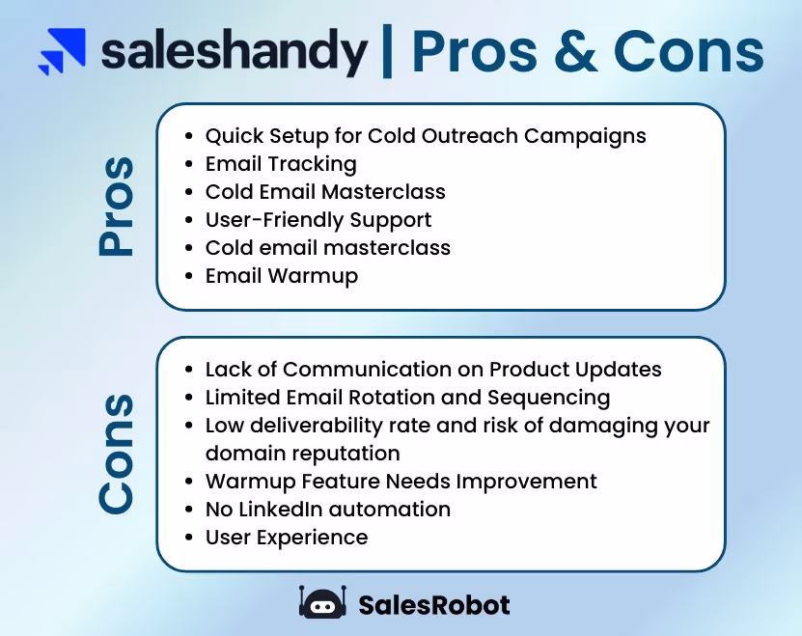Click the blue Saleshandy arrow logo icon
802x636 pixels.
click(x=62, y=52)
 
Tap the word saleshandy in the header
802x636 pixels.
click(x=235, y=51)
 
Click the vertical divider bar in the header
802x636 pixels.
click(x=387, y=51)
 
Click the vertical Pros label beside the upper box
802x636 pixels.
click(x=117, y=208)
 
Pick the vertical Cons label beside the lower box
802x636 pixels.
click(x=117, y=454)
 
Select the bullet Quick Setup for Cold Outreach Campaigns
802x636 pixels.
click(x=426, y=135)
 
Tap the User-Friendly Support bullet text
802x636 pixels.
click(x=318, y=220)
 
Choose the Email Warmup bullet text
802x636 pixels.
click(x=282, y=276)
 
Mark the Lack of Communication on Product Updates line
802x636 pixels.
click(x=433, y=370)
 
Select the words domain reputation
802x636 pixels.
click(x=302, y=453)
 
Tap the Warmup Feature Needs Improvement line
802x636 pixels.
click(x=401, y=481)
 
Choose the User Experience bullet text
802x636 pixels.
click(x=287, y=537)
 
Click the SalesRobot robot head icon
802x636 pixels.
click(x=322, y=604)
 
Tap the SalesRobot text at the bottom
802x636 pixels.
click(x=433, y=605)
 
